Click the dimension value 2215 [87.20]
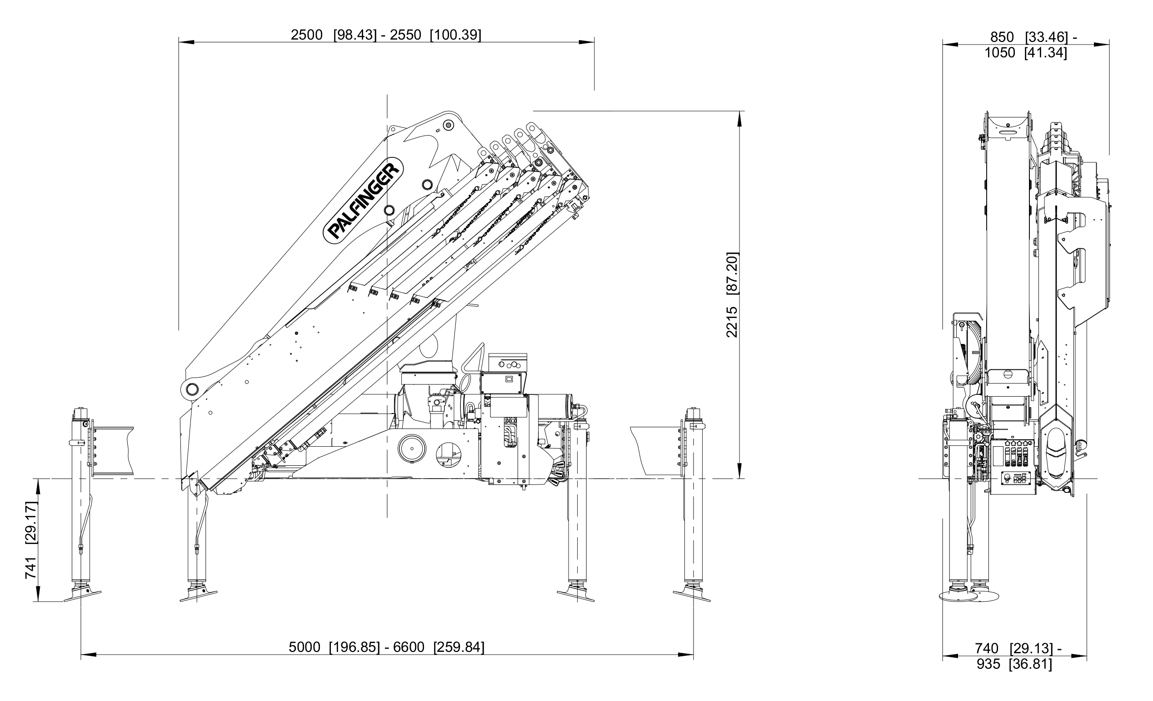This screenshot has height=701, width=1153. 732,295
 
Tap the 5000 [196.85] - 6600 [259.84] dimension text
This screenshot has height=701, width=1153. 386,647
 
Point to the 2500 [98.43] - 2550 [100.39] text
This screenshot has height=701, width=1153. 386,35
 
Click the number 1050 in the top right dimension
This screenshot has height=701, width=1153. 999,53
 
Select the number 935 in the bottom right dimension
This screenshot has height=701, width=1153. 988,664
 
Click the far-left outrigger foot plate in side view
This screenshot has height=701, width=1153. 82,595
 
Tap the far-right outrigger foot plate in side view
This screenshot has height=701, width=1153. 692,595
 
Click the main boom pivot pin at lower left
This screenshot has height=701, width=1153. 191,388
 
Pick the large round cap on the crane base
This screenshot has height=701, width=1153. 412,448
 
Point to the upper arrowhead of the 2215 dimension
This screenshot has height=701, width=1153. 740,119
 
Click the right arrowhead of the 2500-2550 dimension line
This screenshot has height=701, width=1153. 587,43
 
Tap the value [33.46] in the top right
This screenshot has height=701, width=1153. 1046,37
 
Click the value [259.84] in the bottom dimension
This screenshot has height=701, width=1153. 459,647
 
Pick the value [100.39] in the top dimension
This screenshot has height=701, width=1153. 455,35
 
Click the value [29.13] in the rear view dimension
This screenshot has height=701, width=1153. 1031,649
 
